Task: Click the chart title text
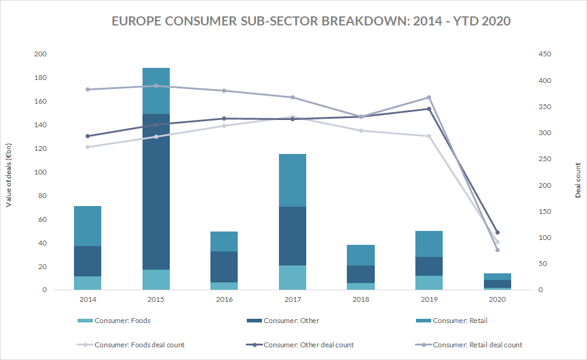click(x=311, y=21)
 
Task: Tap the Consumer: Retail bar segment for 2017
click(x=293, y=180)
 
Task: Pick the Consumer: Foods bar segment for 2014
click(x=88, y=283)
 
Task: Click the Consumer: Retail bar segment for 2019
click(x=429, y=244)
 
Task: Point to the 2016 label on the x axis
click(x=224, y=299)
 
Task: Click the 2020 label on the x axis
click(x=497, y=299)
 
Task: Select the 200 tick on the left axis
click(x=41, y=55)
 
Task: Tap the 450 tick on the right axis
click(x=545, y=55)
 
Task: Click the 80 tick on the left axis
click(x=42, y=196)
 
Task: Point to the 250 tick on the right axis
click(x=545, y=159)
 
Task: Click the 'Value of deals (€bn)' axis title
click(x=9, y=172)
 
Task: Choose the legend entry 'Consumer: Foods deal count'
click(x=139, y=345)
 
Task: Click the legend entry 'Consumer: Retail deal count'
click(x=477, y=345)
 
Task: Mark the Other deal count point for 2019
click(x=429, y=109)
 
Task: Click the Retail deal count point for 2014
click(x=88, y=89)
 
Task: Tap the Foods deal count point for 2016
click(x=224, y=125)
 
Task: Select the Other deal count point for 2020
click(x=497, y=233)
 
